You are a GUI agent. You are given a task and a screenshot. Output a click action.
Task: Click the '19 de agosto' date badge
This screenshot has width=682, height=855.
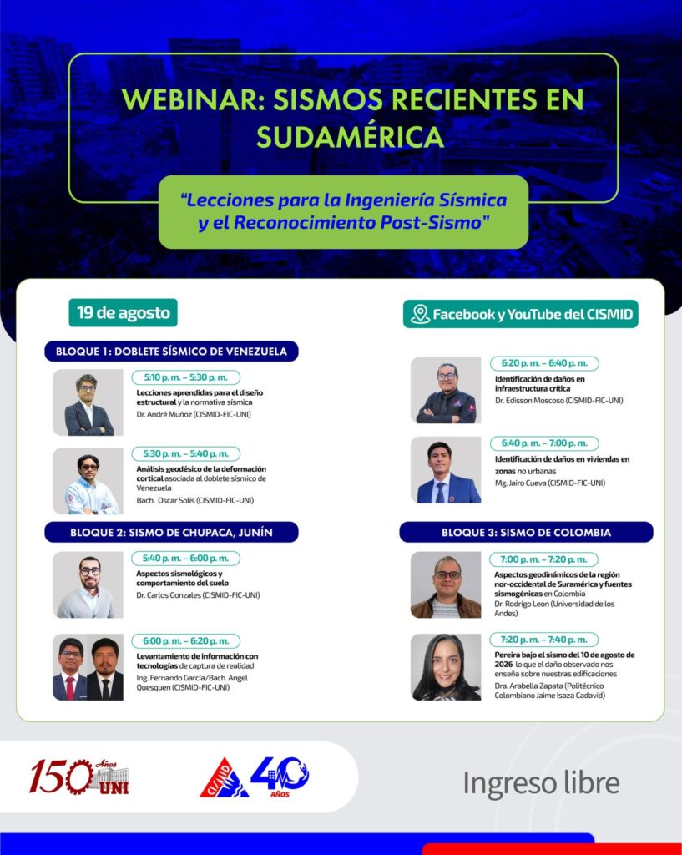[x=124, y=313]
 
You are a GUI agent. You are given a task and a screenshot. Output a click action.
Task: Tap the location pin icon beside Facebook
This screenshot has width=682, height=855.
[x=420, y=314]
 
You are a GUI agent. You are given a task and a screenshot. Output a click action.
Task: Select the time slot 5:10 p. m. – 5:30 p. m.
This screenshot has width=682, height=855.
[x=186, y=377]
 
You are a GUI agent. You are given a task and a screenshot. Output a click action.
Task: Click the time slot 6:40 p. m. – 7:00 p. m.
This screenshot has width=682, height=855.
[x=544, y=443]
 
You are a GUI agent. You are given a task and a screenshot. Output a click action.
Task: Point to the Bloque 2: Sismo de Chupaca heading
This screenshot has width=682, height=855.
[x=171, y=532]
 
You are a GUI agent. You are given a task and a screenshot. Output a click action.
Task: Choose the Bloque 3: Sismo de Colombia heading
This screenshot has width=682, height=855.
[x=526, y=532]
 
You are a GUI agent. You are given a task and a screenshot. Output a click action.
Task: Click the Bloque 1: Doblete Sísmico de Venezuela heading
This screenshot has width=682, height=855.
[x=171, y=352]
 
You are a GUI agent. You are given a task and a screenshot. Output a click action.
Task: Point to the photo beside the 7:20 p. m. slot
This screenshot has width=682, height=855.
[x=446, y=667]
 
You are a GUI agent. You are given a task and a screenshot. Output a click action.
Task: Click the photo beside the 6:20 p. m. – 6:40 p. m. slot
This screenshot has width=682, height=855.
[x=446, y=390]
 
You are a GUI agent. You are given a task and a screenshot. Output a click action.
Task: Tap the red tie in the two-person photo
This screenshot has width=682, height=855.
[x=70, y=688]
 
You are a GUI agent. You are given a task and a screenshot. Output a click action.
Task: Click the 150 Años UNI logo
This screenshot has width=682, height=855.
[x=79, y=777]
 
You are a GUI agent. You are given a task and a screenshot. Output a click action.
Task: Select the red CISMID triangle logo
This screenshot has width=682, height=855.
[x=225, y=778]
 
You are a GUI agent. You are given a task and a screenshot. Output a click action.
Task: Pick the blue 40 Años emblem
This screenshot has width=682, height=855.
[x=280, y=777]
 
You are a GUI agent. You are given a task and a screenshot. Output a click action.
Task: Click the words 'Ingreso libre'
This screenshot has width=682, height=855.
[x=542, y=783]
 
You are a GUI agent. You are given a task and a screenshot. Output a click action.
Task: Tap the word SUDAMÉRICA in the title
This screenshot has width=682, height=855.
[x=350, y=137]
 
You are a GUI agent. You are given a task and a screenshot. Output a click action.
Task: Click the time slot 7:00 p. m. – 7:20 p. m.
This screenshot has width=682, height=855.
[x=543, y=559]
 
